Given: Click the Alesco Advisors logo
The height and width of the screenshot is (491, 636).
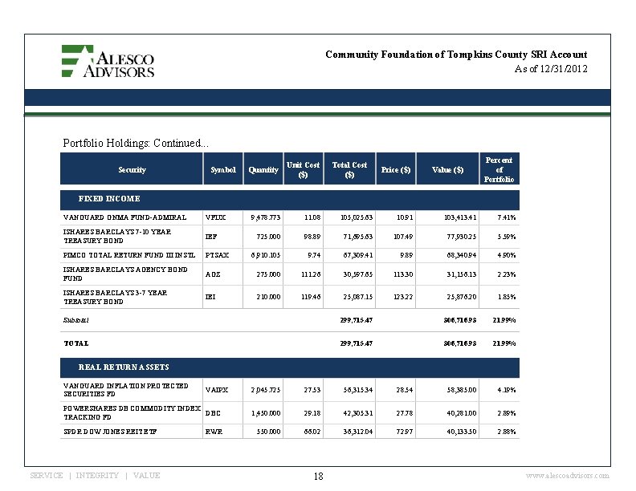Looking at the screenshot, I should click(x=108, y=61).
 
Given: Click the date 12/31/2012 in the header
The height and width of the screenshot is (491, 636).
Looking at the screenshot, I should click(x=563, y=70).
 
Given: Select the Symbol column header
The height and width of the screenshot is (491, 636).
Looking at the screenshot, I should click(x=223, y=170).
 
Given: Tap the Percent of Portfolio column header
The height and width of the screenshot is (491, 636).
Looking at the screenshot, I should click(x=499, y=169).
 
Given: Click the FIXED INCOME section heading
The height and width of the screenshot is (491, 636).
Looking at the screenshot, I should click(x=108, y=198).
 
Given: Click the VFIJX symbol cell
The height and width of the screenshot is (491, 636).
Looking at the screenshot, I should click(x=217, y=217).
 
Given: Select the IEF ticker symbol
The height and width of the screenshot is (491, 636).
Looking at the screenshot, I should click(x=211, y=237).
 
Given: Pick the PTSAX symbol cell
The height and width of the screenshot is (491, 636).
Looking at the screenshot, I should click(x=218, y=255).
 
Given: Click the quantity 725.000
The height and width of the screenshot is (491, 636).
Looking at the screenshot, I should click(x=267, y=237).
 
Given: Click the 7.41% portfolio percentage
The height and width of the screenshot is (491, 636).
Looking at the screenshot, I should click(x=506, y=217).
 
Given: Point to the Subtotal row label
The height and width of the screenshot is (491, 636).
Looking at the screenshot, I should click(x=76, y=319).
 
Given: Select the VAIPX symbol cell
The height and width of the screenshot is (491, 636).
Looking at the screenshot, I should click(x=217, y=390).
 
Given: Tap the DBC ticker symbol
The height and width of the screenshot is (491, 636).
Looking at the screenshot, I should click(x=213, y=413).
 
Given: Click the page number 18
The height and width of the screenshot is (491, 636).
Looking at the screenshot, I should click(x=318, y=477).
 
